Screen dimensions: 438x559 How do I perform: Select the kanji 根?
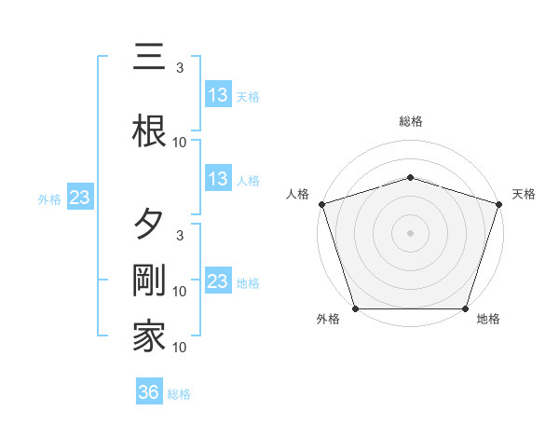coord(149,130)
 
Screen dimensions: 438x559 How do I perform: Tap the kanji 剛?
coord(149,280)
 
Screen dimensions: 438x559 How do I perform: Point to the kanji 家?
coord(149,335)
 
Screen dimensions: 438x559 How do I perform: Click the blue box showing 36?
coord(149,392)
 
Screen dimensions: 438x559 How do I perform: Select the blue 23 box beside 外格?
coord(79,198)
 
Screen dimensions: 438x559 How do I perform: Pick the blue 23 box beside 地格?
coord(218,281)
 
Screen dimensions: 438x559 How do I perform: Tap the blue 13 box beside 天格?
coord(218,95)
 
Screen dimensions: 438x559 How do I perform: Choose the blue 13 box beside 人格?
coord(218,179)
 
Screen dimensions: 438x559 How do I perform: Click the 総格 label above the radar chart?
coord(411,121)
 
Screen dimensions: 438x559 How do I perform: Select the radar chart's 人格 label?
coord(297,194)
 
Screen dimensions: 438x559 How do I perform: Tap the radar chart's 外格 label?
coord(328,320)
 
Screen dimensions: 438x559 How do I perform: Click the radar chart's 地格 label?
coord(488,320)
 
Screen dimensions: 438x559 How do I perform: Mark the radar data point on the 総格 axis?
coord(411,177)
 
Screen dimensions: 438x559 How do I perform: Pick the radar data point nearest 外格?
coord(356,308)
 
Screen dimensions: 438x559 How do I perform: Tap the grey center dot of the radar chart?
coord(411,233)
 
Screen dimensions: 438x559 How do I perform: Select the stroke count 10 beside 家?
coord(180,347)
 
